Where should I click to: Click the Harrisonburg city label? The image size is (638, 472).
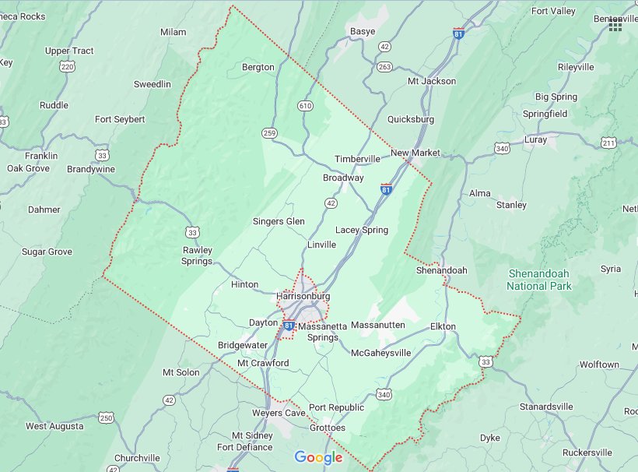pyautogui.click(x=303, y=297)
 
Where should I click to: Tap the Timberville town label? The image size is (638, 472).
pyautogui.click(x=357, y=159)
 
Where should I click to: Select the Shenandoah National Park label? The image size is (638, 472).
pyautogui.click(x=539, y=280)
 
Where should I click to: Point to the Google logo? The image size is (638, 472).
pyautogui.click(x=318, y=458)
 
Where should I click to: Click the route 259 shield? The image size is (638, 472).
pyautogui.click(x=269, y=132)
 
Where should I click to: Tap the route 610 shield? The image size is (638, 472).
pyautogui.click(x=305, y=106)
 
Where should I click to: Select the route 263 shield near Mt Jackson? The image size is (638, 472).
pyautogui.click(x=384, y=67)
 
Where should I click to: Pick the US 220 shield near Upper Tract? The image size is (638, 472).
pyautogui.click(x=68, y=67)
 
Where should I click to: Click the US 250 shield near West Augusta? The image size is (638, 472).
pyautogui.click(x=106, y=418)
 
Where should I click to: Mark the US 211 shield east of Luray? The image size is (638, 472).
pyautogui.click(x=608, y=143)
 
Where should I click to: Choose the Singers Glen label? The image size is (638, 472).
pyautogui.click(x=279, y=221)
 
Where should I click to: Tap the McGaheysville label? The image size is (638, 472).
pyautogui.click(x=380, y=353)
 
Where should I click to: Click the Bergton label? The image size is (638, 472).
pyautogui.click(x=258, y=67)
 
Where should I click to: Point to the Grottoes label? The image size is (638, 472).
pyautogui.click(x=327, y=428)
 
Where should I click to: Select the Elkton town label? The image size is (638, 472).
pyautogui.click(x=443, y=326)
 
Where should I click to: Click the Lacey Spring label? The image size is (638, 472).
pyautogui.click(x=361, y=230)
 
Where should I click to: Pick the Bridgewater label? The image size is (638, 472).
pyautogui.click(x=243, y=345)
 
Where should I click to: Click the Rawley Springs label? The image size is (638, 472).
pyautogui.click(x=197, y=255)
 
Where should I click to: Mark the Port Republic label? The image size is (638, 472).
pyautogui.click(x=336, y=407)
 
